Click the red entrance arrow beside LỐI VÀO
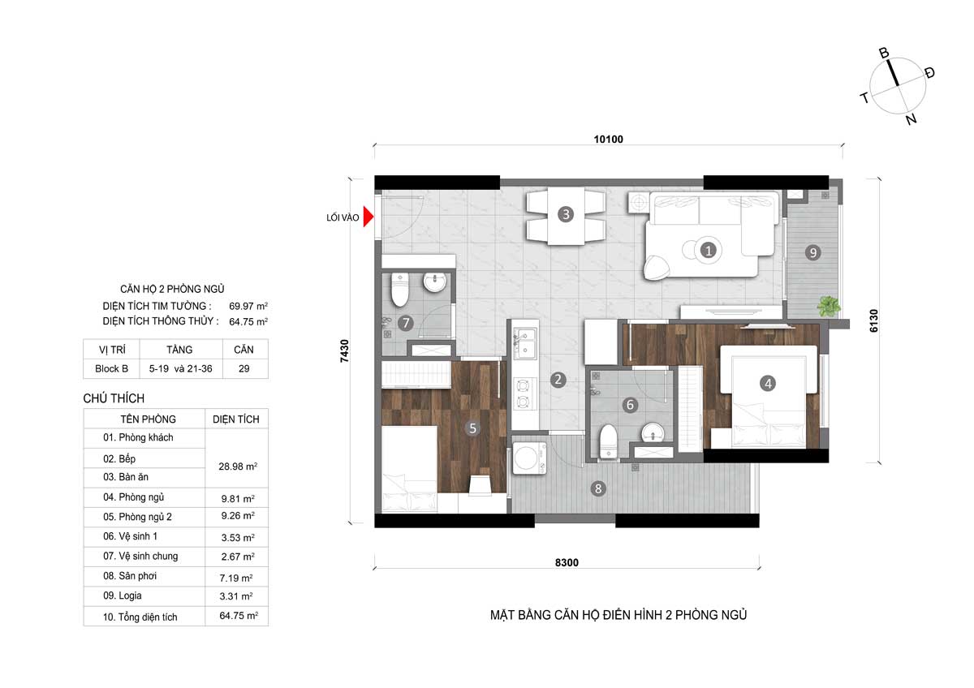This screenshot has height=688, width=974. click(x=368, y=217)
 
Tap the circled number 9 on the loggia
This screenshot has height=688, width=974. click(x=812, y=252)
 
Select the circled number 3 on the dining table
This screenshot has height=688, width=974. click(x=566, y=214)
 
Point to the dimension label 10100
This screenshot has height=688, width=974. click(x=608, y=139)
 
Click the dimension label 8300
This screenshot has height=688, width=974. click(x=567, y=562)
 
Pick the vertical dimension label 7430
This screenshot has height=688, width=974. click(x=344, y=350)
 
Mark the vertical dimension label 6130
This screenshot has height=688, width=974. click(x=873, y=320)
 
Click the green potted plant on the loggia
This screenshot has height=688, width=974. click(x=829, y=306)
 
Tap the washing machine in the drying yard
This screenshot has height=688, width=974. click(x=529, y=458)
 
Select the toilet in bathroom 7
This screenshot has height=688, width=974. click(x=399, y=289)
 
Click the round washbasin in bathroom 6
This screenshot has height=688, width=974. click(x=653, y=432)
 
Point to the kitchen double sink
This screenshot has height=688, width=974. click(x=525, y=344)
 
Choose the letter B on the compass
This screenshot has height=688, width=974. click(x=884, y=53)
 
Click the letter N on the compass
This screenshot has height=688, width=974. click(x=912, y=118)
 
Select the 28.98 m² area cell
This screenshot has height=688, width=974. click(x=238, y=467)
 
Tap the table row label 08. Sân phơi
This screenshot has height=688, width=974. click(x=130, y=576)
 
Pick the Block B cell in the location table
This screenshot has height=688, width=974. click(x=111, y=368)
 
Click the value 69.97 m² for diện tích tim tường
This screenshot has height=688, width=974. click(x=248, y=306)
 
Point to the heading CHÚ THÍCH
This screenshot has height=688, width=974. click(x=114, y=398)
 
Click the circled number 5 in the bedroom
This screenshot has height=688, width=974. click(x=472, y=428)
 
